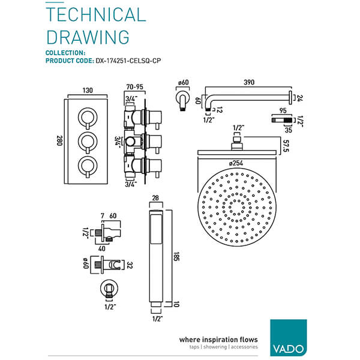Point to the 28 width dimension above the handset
point(156,199)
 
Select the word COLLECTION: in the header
point(67,53)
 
